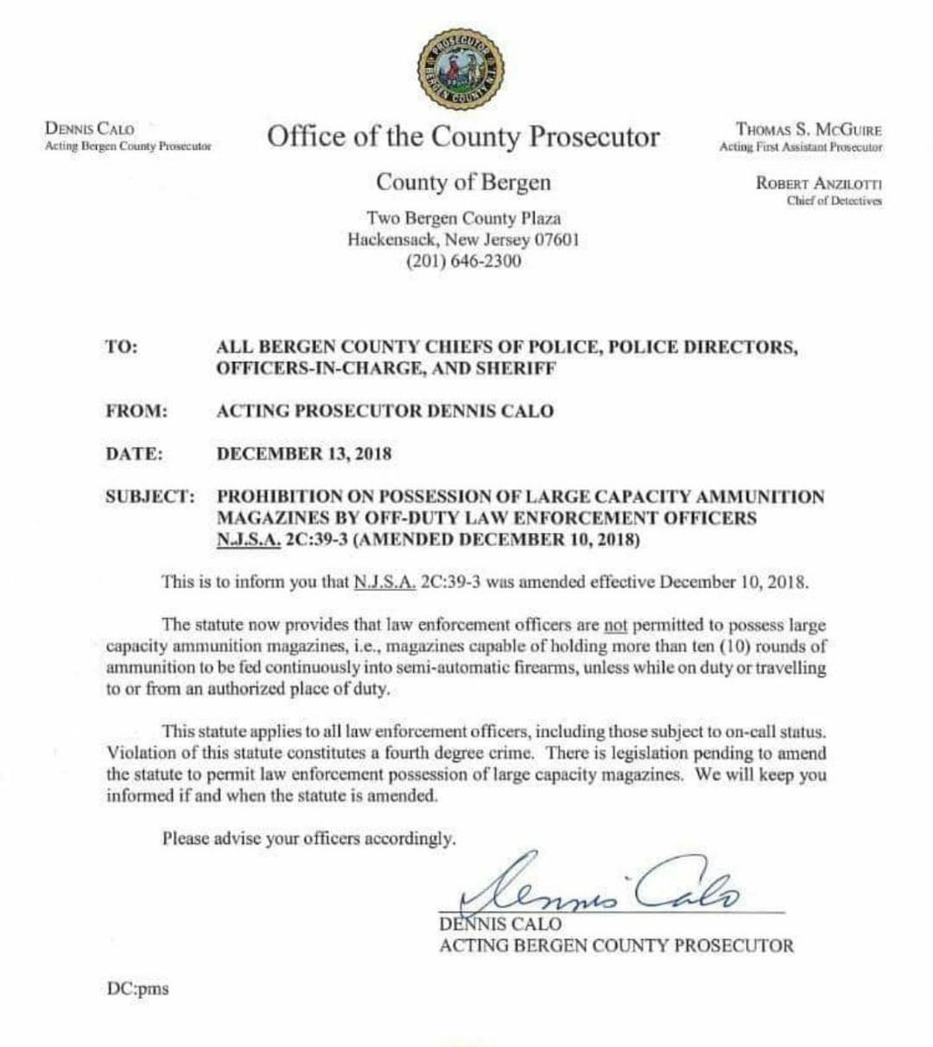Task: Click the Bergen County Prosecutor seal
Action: tap(463, 67)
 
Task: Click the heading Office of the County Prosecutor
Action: tap(463, 137)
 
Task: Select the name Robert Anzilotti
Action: tap(820, 184)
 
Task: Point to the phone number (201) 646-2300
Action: tap(463, 261)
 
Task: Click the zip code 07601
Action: tap(555, 239)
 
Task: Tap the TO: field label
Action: tap(121, 346)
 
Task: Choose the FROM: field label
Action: tap(131, 410)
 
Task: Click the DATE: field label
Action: tap(131, 454)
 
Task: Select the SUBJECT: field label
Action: tap(148, 497)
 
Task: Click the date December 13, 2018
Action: tap(304, 454)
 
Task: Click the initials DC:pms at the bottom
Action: tap(134, 989)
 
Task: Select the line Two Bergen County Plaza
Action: tap(463, 218)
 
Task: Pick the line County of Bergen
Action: tap(463, 182)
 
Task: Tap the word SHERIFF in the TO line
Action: tap(517, 369)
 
